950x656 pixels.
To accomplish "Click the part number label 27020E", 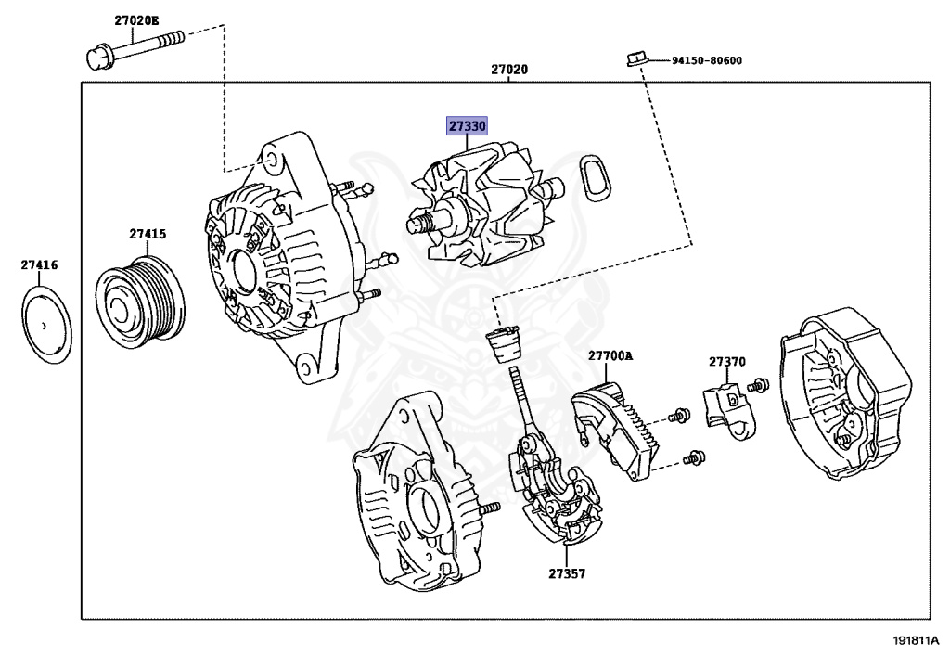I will [x=137, y=19].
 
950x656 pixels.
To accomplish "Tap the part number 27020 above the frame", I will [x=510, y=70].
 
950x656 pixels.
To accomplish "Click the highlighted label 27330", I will [x=468, y=124].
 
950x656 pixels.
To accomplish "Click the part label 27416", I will [x=39, y=265].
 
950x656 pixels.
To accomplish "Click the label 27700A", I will [x=609, y=355].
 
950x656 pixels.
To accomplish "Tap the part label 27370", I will [x=727, y=361].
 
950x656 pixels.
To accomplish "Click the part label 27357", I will [x=566, y=574].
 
